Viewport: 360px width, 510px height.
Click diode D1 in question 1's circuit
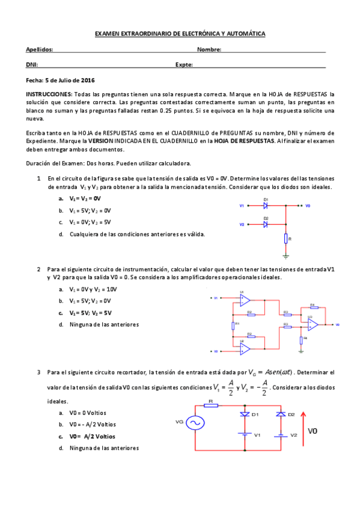click(x=266, y=206)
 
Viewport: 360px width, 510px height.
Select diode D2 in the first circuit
click(x=266, y=224)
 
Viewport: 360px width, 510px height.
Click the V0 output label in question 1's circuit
click(x=308, y=206)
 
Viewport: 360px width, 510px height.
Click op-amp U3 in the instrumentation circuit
click(x=313, y=324)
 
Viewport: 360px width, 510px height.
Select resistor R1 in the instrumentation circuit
click(x=233, y=325)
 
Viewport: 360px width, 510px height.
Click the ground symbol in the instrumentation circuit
click(x=301, y=345)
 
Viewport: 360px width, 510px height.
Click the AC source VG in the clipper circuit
click(x=194, y=423)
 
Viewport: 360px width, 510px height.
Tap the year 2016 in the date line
click(x=88, y=80)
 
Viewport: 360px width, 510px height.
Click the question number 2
click(x=38, y=269)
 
